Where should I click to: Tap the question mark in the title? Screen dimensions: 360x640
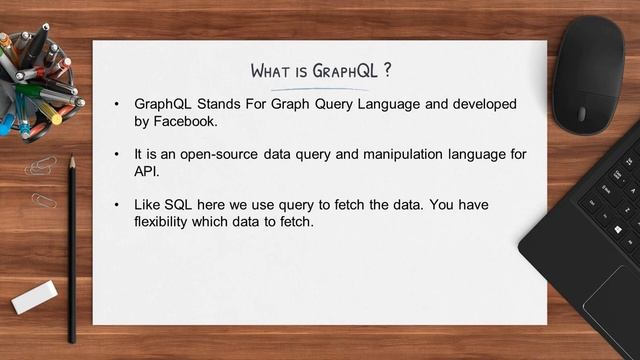385,71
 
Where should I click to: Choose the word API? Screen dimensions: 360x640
146,171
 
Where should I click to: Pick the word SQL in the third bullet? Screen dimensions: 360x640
180,204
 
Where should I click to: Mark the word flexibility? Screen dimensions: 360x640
162,221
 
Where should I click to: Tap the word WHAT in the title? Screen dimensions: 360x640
270,71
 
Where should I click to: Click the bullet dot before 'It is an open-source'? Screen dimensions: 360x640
116,154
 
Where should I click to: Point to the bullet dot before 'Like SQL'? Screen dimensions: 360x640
116,204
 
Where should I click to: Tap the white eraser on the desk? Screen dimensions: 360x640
34,297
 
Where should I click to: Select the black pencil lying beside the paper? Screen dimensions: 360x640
72,250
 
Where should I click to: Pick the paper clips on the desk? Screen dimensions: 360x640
42,180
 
